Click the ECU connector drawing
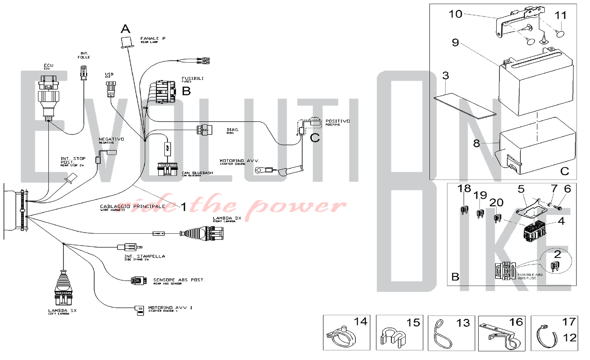click(x=48, y=96)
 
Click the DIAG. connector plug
click(x=204, y=130)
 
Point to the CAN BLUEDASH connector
click(x=167, y=169)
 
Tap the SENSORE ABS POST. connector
click(x=138, y=281)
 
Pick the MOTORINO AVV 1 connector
click(x=140, y=310)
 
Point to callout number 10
click(x=455, y=14)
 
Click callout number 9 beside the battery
click(x=455, y=42)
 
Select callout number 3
click(x=445, y=76)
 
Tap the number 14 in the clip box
click(x=360, y=321)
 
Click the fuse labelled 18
click(x=464, y=210)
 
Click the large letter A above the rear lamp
click(x=125, y=29)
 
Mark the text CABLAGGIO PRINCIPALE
click(x=132, y=207)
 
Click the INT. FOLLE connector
click(x=84, y=73)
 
